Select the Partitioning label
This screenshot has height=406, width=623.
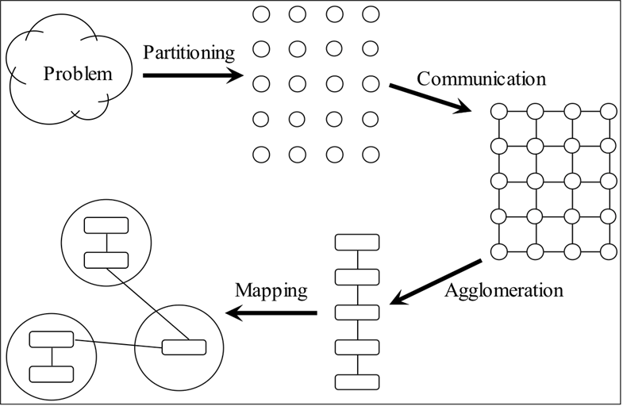click(x=189, y=53)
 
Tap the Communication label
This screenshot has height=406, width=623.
click(x=481, y=79)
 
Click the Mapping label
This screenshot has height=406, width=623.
click(x=271, y=289)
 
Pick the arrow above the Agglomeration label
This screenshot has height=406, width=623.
click(x=436, y=282)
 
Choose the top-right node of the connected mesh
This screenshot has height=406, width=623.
click(x=608, y=111)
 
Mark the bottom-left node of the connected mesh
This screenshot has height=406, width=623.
click(x=499, y=251)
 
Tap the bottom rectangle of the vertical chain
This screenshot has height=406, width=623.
click(x=357, y=381)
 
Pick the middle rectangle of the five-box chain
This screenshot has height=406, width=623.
click(x=357, y=312)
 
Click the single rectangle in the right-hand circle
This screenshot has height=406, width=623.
click(x=183, y=347)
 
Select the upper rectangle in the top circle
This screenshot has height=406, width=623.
click(x=106, y=224)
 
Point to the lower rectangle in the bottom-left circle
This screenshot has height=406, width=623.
click(x=52, y=373)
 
